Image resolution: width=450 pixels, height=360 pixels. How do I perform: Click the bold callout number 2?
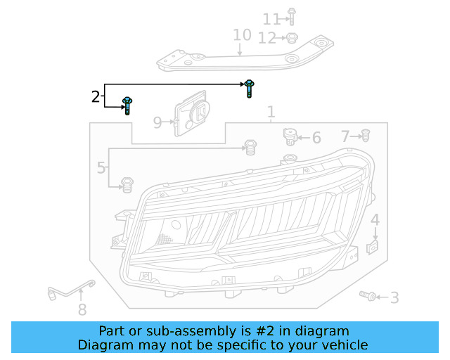click(96, 97)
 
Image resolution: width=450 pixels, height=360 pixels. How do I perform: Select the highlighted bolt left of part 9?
click(127, 105)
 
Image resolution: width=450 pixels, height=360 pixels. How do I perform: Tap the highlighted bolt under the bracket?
click(250, 87)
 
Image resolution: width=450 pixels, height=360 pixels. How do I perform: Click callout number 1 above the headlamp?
click(271, 112)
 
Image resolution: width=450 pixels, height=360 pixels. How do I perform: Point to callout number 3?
click(394, 298)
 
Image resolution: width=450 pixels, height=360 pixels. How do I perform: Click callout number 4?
click(375, 220)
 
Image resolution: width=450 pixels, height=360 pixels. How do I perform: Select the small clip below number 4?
click(374, 247)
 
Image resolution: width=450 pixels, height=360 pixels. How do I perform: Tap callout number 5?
click(101, 168)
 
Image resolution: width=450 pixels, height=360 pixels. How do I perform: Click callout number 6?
click(316, 138)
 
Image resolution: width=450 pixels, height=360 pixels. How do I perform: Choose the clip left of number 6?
click(288, 133)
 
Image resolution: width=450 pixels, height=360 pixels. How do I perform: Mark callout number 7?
click(345, 136)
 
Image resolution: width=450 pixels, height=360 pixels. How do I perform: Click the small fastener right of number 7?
click(366, 135)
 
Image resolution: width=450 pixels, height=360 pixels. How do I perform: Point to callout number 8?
click(82, 309)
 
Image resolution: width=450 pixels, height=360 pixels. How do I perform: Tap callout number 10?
click(242, 35)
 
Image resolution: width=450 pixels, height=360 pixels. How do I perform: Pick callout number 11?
click(271, 19)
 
